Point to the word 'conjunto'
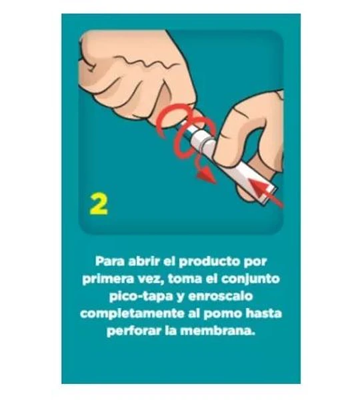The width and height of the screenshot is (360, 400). coord(250,279)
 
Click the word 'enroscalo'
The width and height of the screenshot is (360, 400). coord(221,296)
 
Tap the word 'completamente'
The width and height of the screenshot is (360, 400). coord(132,314)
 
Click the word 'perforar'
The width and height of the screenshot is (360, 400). coord(134,331)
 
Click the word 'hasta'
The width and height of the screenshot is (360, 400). coord(263,313)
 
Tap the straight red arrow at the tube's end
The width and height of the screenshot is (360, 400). coord(266,193)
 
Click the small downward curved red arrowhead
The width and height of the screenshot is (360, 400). coord(205,176)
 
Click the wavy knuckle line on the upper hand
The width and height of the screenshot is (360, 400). coord(143,63)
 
